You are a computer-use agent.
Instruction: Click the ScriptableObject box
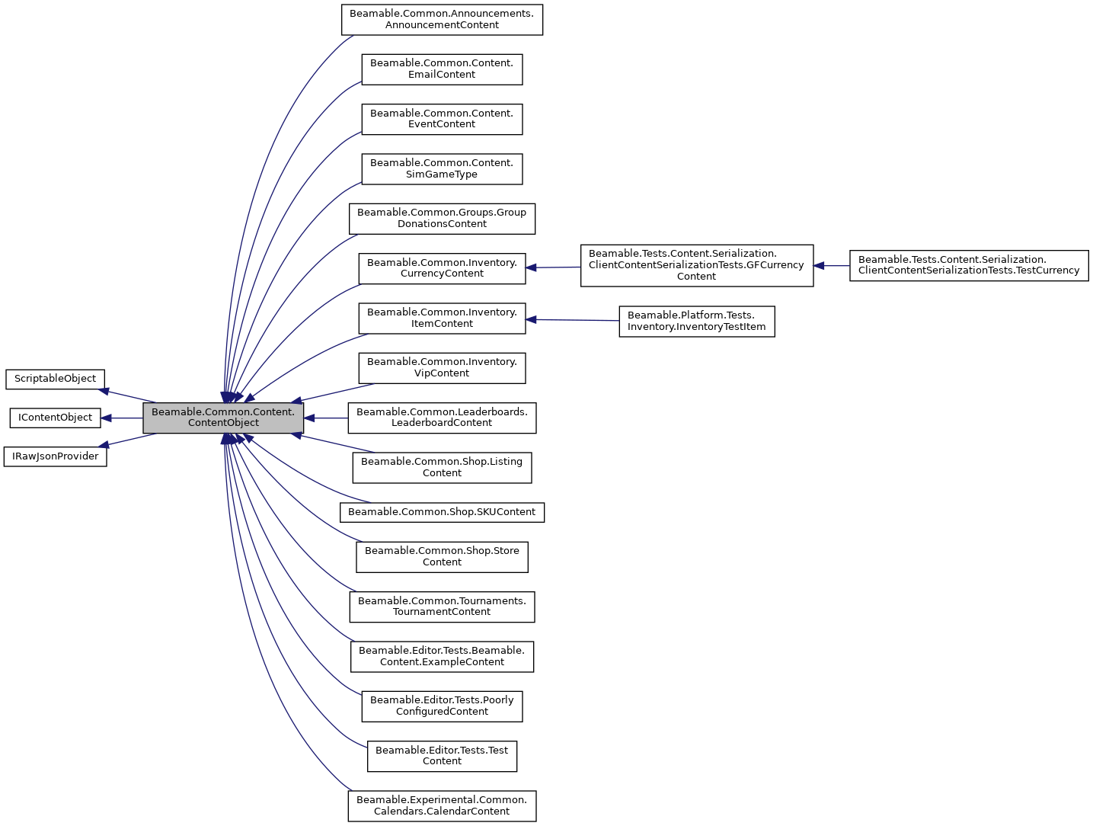tap(55, 379)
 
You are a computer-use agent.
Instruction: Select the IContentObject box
tap(55, 418)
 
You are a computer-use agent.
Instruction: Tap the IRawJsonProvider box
tap(55, 456)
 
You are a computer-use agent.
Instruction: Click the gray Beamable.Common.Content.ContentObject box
tap(223, 418)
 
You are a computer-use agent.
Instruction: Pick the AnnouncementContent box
tap(442, 19)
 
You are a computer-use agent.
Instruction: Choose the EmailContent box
tap(442, 69)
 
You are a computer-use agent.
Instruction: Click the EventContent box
tap(442, 119)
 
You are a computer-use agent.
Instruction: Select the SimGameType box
tap(442, 168)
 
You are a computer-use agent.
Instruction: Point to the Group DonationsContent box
tap(442, 218)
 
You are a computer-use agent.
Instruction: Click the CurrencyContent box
tap(442, 268)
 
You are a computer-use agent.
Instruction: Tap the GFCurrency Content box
tap(696, 265)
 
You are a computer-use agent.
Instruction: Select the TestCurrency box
tap(968, 265)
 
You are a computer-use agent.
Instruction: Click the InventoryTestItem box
tap(696, 322)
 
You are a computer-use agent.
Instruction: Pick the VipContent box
tap(442, 367)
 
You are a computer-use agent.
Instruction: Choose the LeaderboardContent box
tap(442, 418)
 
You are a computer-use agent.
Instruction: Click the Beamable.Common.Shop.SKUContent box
tap(442, 512)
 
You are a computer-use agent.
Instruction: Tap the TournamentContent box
tap(442, 607)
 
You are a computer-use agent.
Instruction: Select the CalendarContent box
tap(442, 805)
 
